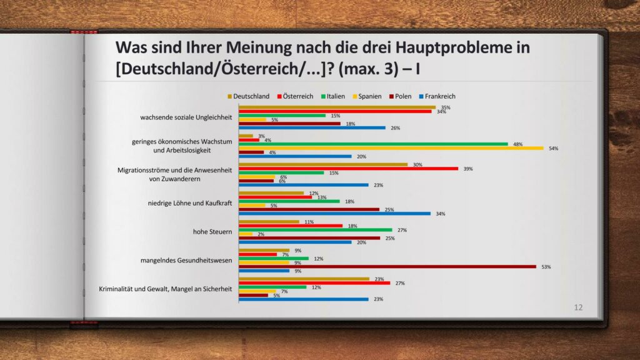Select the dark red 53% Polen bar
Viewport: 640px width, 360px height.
click(x=387, y=266)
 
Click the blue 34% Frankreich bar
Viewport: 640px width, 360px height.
click(x=334, y=213)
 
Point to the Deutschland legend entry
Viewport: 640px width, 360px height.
click(x=249, y=96)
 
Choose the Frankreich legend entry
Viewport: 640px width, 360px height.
click(x=437, y=96)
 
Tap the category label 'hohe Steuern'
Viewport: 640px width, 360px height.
click(x=212, y=232)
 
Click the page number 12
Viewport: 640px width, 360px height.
click(x=578, y=307)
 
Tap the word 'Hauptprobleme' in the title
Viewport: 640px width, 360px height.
click(x=437, y=48)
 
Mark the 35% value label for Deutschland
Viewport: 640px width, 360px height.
click(x=446, y=107)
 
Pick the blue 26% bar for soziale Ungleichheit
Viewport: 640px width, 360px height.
click(x=312, y=128)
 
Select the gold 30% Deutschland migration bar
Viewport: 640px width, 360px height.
click(x=323, y=164)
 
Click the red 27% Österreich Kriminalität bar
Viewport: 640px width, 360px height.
click(x=314, y=283)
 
